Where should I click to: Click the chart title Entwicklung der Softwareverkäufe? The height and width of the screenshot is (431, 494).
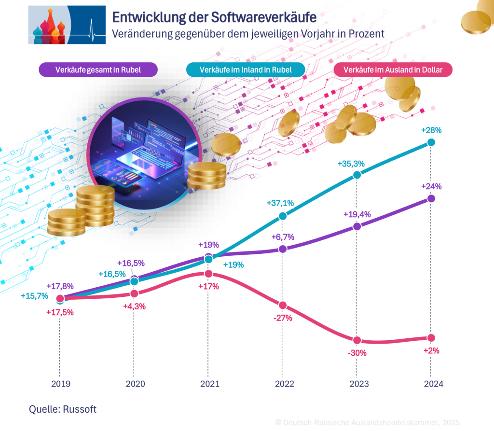coord(214,17)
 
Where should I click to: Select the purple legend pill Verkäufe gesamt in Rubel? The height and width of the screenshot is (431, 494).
coord(98,70)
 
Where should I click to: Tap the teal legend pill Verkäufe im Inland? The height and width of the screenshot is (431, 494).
coord(246,70)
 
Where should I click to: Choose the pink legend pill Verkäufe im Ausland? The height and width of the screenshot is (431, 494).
coord(393,70)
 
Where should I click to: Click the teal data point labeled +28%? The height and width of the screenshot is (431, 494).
coord(431,142)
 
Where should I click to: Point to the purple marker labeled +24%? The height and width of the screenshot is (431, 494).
coord(431,198)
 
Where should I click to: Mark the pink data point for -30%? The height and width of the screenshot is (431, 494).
coord(357,340)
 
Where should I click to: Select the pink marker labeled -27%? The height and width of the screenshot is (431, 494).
coord(283,305)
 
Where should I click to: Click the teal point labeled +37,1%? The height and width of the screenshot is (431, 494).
coord(283,217)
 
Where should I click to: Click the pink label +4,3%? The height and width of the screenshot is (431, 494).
coord(134,306)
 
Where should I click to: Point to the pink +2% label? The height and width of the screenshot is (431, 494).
coord(431,351)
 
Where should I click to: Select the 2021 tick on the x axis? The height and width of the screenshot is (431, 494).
coord(208,384)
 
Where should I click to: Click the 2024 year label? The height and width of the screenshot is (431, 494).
coord(431,384)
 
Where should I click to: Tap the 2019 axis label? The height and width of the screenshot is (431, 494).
coord(60,384)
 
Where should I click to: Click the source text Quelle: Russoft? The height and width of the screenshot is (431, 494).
coord(63,409)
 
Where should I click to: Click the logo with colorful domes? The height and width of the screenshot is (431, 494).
coord(67,25)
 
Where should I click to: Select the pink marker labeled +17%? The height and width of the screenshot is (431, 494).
coord(208,274)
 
